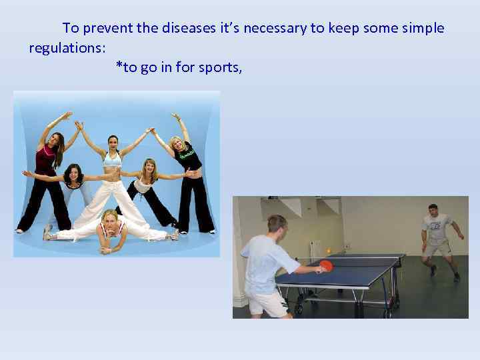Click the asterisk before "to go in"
pos(119,66)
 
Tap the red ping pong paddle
pos(326,265)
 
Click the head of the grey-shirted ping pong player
pos(433,209)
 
